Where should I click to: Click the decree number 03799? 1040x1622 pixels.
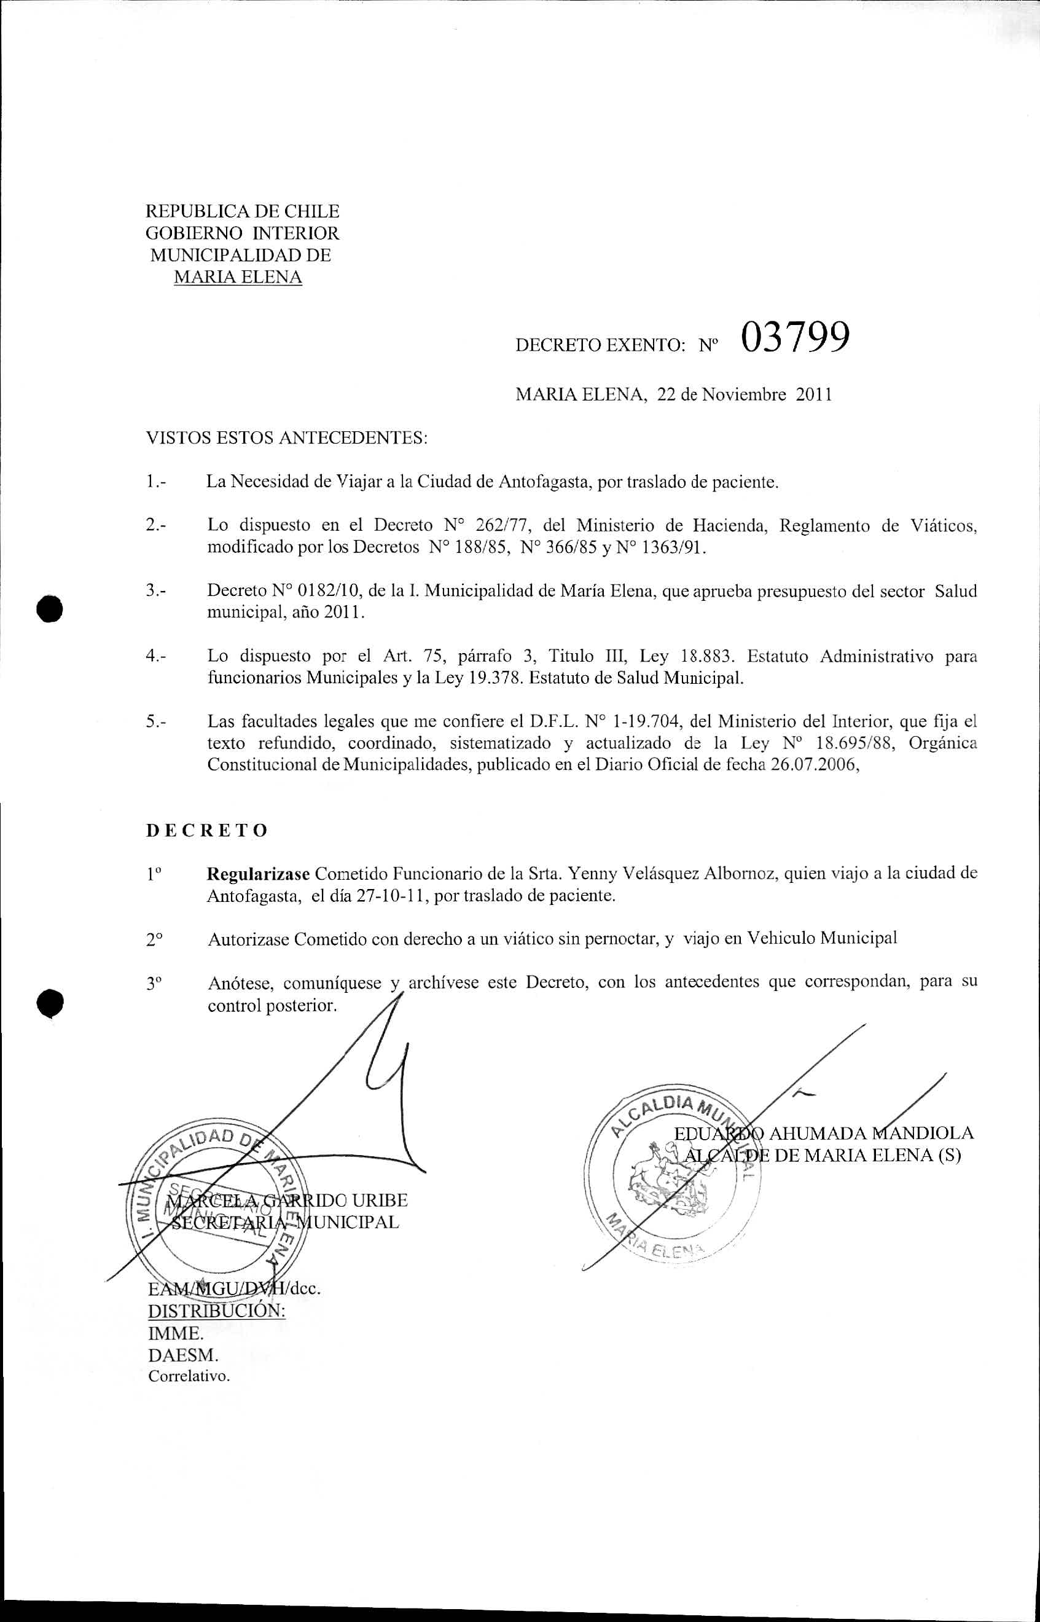[794, 338]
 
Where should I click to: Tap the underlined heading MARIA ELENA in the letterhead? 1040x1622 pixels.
[238, 278]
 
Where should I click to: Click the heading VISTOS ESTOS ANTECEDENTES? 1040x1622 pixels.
[287, 438]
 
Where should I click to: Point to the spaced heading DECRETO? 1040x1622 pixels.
[206, 831]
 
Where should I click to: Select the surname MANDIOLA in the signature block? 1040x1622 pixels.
[923, 1133]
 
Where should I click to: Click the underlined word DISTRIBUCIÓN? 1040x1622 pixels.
[216, 1311]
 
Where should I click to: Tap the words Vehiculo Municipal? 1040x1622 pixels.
[822, 939]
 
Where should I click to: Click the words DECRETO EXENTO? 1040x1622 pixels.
[600, 346]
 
